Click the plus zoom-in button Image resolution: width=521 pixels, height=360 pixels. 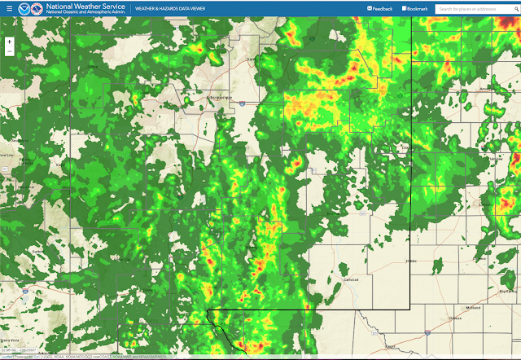(x=9, y=40)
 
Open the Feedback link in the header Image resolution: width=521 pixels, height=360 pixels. (x=381, y=9)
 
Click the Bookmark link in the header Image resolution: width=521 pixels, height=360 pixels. (x=415, y=9)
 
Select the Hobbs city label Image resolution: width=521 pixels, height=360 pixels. (x=411, y=261)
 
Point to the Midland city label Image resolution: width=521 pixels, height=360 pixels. (x=473, y=307)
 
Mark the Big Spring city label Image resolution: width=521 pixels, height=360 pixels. (x=508, y=290)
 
